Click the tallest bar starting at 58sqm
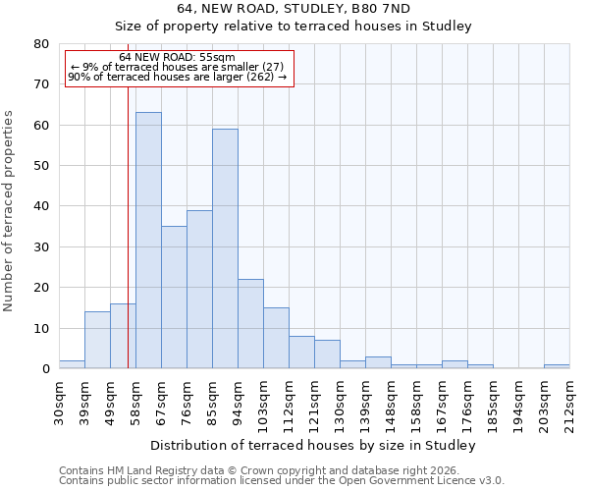148,241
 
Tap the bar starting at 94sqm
250,324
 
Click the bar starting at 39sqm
97,340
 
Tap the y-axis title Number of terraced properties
10,211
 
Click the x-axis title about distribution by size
314,446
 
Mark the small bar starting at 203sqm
557,366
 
